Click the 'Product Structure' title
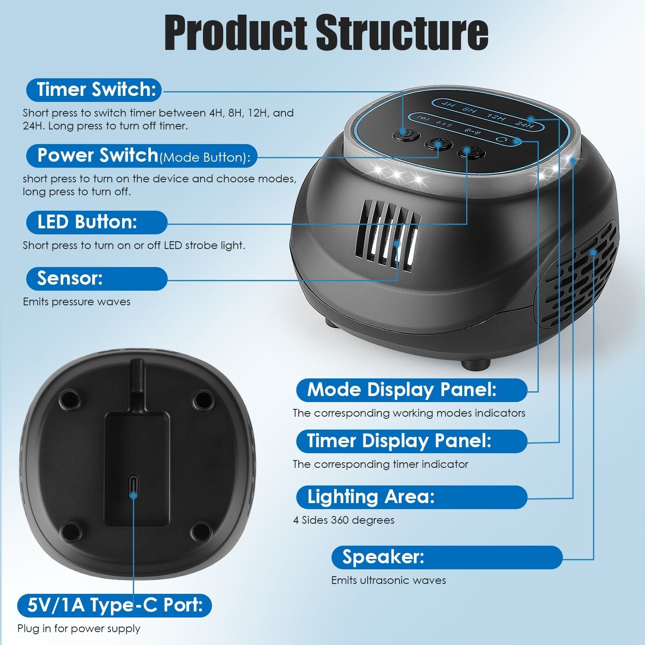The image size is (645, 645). point(326,33)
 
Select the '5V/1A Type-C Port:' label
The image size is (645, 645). point(114,605)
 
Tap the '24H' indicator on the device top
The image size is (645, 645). point(525,125)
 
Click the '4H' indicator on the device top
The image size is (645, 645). point(448,104)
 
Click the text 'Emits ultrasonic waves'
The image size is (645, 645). point(388,580)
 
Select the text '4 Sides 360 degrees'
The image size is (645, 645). point(344,520)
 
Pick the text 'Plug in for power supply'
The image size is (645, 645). point(79,629)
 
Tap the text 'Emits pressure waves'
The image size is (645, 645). point(77,302)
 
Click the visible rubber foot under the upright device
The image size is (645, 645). point(476,364)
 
